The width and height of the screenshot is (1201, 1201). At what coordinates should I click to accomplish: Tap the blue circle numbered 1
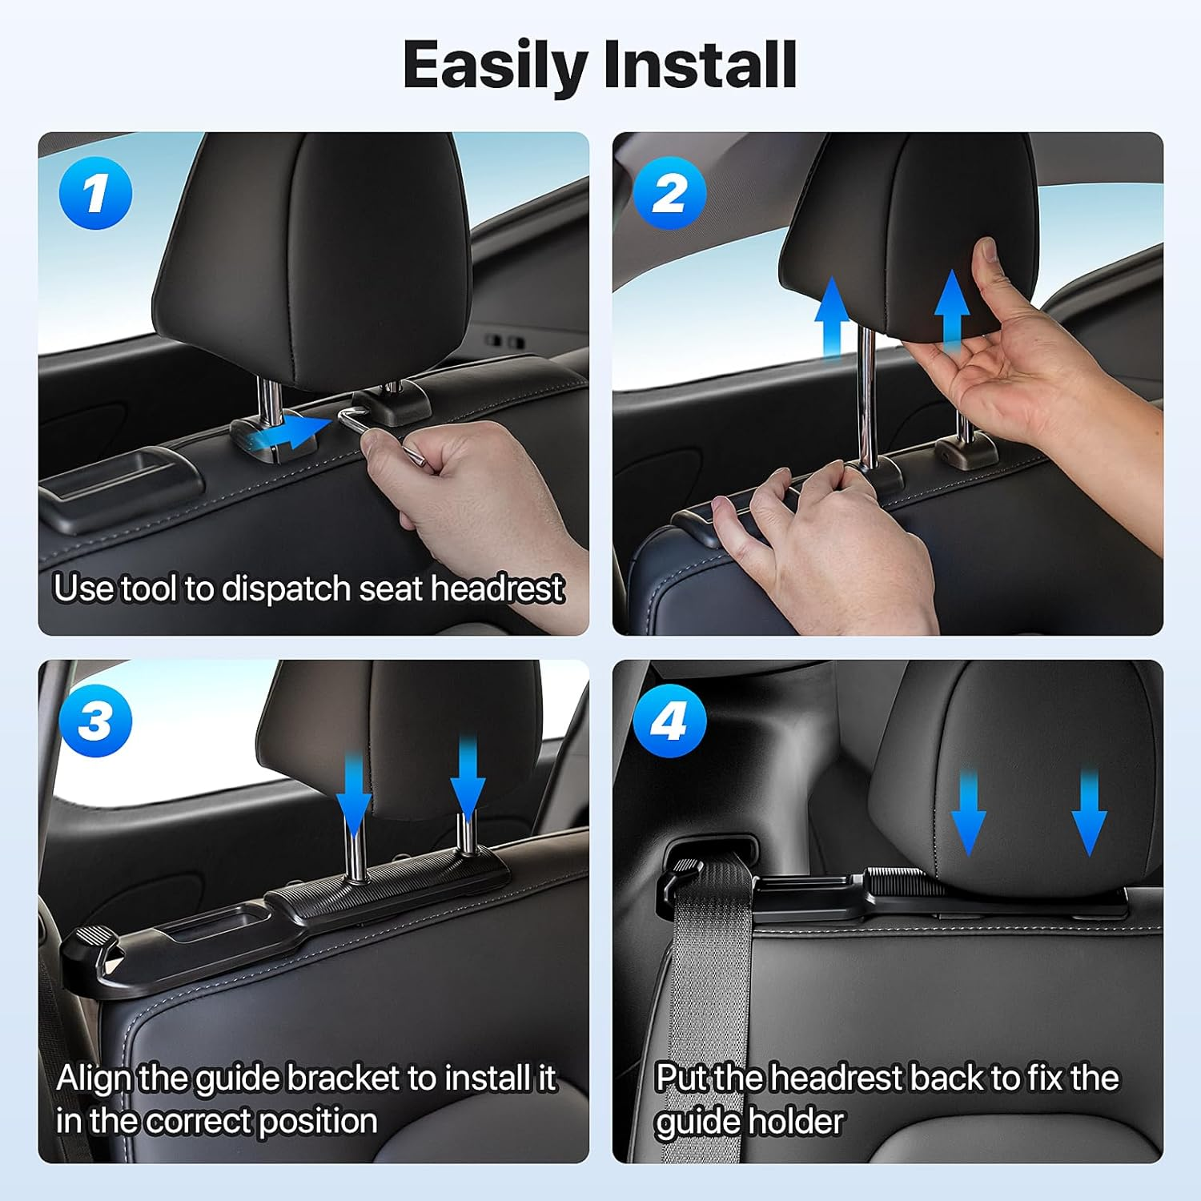click(x=95, y=194)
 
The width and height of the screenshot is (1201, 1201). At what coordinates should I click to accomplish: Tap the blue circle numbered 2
click(x=669, y=194)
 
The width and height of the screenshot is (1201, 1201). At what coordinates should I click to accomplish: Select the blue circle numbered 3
click(x=95, y=721)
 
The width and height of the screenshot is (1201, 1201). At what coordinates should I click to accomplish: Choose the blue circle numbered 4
click(x=669, y=721)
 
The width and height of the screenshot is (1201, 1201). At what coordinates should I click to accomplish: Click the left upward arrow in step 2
click(x=832, y=316)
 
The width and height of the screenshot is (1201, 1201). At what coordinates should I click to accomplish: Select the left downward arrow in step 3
click(x=353, y=789)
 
